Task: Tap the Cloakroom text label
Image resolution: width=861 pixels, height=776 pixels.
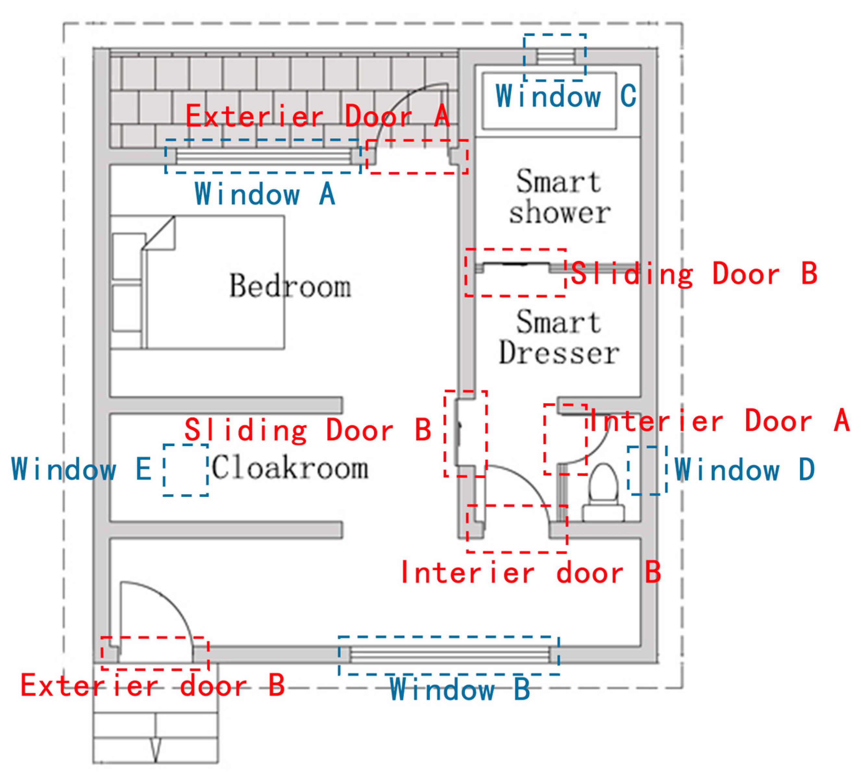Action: coord(290,468)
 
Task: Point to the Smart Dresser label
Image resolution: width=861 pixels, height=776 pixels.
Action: coord(559,338)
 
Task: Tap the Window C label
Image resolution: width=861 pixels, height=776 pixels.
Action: coord(566,96)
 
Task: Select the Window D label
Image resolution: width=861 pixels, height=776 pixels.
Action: coord(744,469)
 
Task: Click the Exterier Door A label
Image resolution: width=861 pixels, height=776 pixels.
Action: coord(317,116)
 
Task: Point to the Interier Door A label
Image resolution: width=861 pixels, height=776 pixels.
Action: coord(719,421)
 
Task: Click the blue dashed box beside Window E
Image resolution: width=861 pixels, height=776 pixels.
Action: coord(185,470)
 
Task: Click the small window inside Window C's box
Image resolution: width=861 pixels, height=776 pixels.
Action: coord(555,56)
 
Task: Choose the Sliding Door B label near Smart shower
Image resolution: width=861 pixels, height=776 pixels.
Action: coord(694,274)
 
